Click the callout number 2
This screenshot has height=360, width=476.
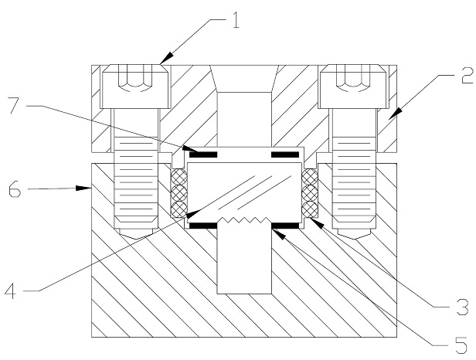pos(467,75)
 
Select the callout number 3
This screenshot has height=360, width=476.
pos(463,307)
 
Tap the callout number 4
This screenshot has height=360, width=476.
pos(11,290)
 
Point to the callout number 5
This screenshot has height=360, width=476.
pos(461,345)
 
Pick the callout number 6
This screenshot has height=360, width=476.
pos(15,189)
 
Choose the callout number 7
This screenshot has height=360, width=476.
pos(15,105)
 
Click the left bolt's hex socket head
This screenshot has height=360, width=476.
pos(135,87)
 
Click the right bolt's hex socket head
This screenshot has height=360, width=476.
pos(354,87)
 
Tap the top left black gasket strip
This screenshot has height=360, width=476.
pos(203,155)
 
